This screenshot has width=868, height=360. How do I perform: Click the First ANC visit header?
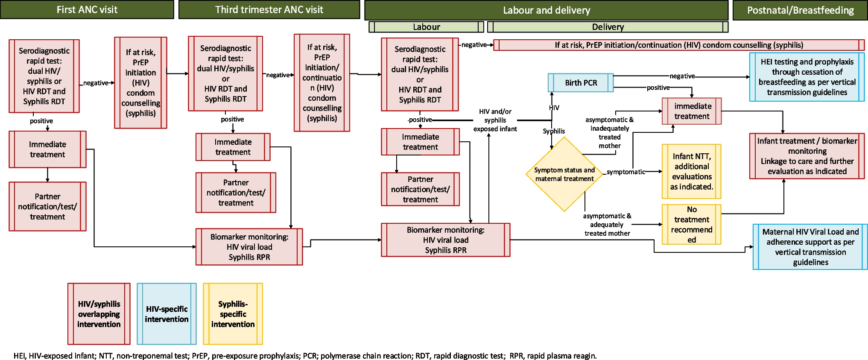click(x=87, y=10)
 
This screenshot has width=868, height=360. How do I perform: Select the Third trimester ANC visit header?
click(x=269, y=10)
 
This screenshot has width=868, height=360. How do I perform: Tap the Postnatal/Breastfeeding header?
click(x=800, y=10)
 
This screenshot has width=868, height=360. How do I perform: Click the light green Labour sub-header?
click(x=426, y=27)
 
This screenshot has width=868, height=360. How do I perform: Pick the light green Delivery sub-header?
click(x=608, y=27)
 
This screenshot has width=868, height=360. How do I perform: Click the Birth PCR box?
click(x=581, y=83)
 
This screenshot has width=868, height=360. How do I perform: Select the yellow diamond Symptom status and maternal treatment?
click(x=564, y=174)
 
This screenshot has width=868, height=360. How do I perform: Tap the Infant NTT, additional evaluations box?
click(x=691, y=171)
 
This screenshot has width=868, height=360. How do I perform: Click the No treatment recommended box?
click(x=691, y=224)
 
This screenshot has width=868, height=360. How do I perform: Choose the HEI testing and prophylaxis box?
click(x=807, y=77)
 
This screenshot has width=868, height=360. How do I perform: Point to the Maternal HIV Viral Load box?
click(x=810, y=247)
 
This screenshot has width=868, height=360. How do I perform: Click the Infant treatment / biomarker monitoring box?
click(x=807, y=156)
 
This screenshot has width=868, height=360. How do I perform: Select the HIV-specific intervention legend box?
click(x=167, y=314)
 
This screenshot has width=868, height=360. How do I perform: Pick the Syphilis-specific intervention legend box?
click(x=233, y=314)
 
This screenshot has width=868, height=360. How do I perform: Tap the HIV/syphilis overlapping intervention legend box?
click(x=99, y=314)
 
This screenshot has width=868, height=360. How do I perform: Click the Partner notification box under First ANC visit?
click(x=47, y=206)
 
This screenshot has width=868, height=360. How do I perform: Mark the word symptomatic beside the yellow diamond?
click(x=626, y=172)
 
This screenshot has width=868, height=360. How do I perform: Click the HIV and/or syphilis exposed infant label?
click(x=495, y=120)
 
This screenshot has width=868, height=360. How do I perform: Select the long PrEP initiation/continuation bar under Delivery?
click(x=679, y=45)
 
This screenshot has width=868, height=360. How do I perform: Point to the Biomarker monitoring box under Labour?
click(x=445, y=240)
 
